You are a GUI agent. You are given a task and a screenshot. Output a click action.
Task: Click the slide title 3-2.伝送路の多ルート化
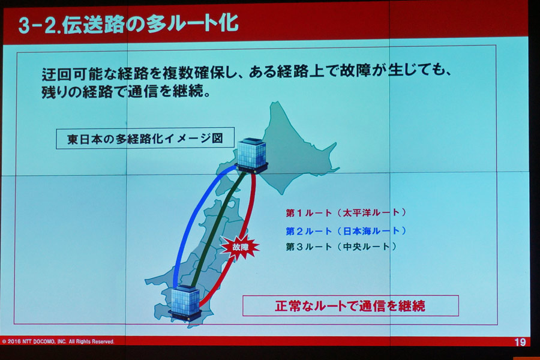[128, 25]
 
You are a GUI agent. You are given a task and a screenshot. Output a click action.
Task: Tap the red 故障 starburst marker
[240, 247]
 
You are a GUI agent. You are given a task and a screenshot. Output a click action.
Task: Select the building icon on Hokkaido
[251, 155]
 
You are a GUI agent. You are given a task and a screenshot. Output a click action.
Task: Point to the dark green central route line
[218, 229]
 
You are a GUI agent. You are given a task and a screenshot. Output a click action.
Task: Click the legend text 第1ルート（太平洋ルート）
[346, 212]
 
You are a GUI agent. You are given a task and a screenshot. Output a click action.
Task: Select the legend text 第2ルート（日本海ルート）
[346, 231]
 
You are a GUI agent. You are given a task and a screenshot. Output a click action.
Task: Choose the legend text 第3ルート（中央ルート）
[341, 247]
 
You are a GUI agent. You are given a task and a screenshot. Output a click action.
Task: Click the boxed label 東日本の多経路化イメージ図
[145, 138]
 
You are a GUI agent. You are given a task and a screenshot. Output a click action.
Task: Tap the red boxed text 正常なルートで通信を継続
[350, 305]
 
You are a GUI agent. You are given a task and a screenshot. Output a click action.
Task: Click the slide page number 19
[520, 342]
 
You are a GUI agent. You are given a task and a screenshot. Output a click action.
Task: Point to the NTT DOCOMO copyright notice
[58, 342]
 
